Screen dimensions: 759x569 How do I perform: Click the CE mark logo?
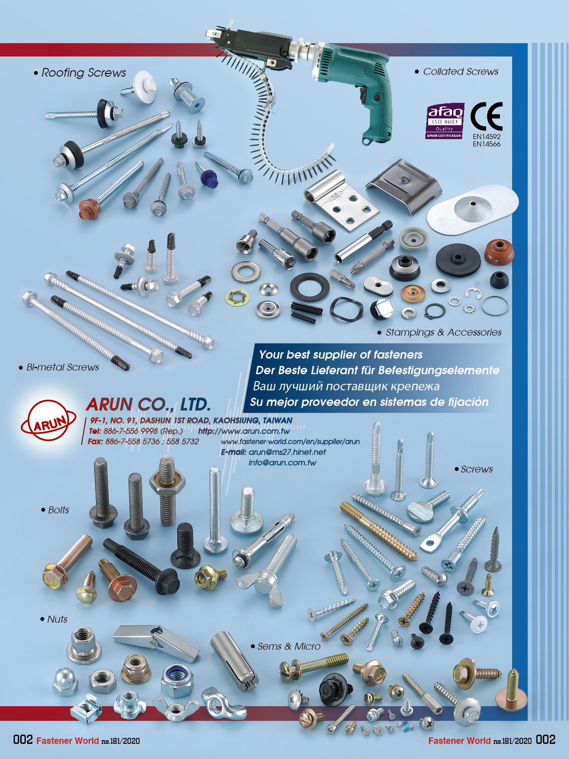coord(487,117)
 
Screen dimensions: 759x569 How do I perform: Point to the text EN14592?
coord(486,136)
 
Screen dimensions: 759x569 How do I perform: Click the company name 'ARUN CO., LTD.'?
coord(148,405)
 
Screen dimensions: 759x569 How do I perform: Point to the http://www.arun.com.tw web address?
coord(244,431)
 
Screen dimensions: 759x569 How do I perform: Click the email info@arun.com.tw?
coord(282,462)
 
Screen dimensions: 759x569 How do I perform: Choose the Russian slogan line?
coord(346,386)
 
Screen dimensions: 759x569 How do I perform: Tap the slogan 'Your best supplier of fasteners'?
coord(340,354)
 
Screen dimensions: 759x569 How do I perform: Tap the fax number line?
coord(143,441)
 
